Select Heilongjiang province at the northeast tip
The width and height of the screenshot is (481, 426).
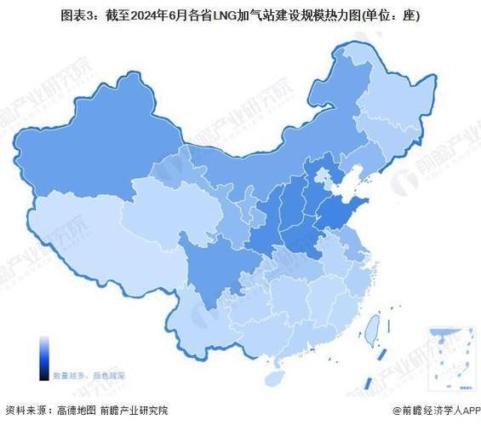pos(375,94)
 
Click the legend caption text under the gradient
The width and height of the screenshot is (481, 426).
pos(89,374)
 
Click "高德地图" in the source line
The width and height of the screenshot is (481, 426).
pos(80,410)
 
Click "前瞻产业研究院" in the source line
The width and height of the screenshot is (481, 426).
pos(137,410)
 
